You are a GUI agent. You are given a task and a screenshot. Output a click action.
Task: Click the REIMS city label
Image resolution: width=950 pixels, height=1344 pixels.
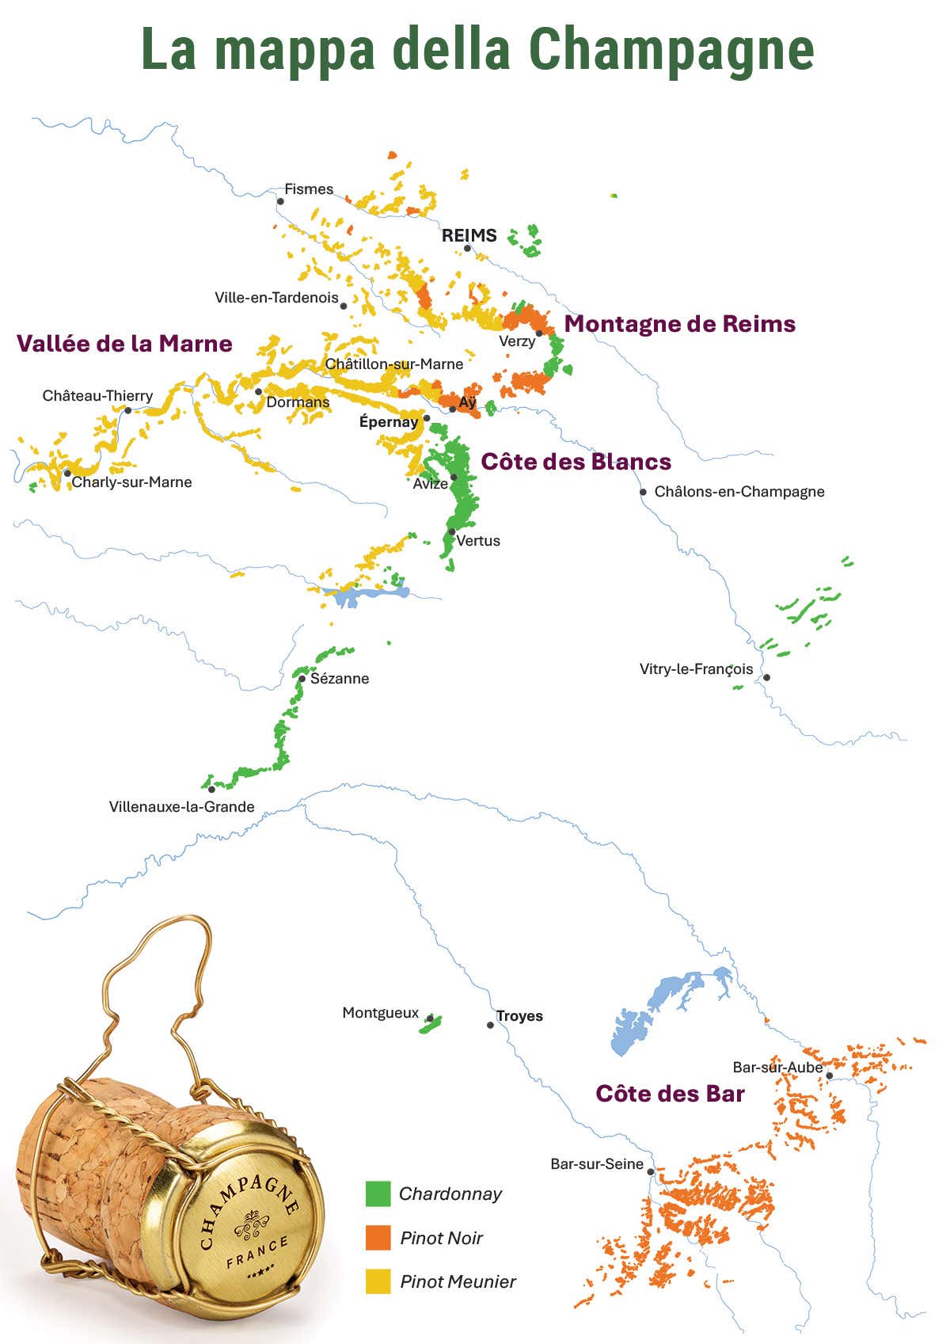469,235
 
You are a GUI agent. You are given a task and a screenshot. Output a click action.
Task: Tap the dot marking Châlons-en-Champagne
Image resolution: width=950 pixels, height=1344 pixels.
643,492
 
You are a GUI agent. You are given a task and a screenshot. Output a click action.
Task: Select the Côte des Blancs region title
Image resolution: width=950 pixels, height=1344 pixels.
576,462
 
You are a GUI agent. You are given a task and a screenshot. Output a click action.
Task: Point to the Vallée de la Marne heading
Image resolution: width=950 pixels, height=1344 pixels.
124,344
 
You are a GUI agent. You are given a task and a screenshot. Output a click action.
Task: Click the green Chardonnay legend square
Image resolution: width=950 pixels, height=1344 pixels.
378,1194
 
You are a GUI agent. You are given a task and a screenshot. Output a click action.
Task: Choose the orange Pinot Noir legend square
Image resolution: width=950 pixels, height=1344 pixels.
378,1238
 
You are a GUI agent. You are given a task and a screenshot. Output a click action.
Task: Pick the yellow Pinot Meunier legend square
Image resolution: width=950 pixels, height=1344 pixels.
378,1281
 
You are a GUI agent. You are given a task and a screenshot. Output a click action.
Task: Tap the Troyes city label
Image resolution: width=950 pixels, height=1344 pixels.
519,1016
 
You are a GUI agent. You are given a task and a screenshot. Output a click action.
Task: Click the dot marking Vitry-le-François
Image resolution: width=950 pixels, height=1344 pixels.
766,677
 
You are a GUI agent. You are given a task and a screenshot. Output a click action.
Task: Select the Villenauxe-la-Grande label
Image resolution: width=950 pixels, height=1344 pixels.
182,807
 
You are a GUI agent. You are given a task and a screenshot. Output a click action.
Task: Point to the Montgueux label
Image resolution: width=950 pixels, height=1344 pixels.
380,1013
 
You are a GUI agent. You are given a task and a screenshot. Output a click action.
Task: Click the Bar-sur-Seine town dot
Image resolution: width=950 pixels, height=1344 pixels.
651,1171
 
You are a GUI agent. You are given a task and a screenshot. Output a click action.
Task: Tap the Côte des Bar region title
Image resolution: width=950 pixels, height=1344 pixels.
670,1094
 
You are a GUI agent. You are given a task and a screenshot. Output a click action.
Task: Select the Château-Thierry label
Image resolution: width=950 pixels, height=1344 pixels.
97,395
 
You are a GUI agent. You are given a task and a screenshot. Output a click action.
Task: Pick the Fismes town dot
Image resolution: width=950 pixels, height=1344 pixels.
280,201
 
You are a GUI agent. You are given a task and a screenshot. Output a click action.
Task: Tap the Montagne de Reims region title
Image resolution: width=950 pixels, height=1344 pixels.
679,324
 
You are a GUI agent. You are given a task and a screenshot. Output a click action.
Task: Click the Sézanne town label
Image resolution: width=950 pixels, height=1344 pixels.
340,679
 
